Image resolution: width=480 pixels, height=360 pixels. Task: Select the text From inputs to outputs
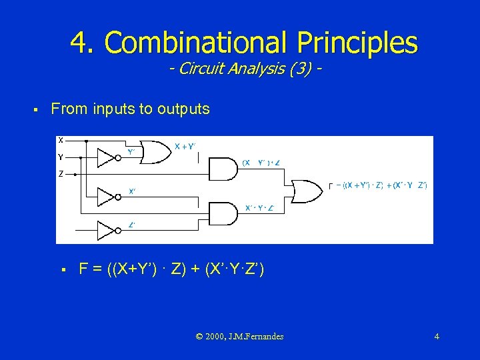pos(131,109)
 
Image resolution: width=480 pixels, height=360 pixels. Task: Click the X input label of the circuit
pos(61,141)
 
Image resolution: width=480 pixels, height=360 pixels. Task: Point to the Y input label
pos(61,157)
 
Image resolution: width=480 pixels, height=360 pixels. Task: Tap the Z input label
pos(61,174)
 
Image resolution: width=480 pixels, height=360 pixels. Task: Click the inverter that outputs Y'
pos(107,158)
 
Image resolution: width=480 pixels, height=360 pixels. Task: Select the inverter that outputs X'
pos(107,197)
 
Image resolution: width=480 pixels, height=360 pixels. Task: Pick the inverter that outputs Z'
pos(107,231)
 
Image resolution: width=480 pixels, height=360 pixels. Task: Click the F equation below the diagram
pos(172,269)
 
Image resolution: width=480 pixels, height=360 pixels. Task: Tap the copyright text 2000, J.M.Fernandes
pos(240,337)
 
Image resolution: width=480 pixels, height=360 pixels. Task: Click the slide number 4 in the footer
pos(437,337)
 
